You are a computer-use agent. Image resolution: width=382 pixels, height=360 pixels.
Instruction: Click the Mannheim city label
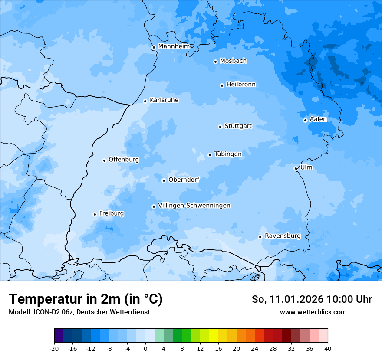coord(174,46)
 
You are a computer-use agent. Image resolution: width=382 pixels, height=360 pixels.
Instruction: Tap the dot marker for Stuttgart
coord(220,127)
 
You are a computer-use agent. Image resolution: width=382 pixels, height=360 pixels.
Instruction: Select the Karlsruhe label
coord(164,100)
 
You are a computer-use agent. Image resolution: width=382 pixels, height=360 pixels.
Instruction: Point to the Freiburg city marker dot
coord(95,214)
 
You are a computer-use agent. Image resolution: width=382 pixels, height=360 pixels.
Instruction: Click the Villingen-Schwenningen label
coord(194,206)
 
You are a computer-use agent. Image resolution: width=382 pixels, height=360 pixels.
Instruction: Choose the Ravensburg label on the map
coord(282,236)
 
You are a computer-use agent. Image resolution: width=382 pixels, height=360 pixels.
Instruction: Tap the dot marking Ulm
coord(296,168)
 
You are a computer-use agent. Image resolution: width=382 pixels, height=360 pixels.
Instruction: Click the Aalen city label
coord(318,119)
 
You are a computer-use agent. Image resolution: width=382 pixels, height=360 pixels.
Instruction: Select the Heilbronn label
coord(241,85)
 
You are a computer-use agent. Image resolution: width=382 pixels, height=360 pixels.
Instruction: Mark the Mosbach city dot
coord(215,62)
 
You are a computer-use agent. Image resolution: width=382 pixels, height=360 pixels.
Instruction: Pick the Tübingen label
coord(227,154)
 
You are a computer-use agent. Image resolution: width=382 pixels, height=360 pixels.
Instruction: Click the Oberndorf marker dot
coord(164,180)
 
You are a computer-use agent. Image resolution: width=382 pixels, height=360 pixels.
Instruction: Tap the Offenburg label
coord(124,160)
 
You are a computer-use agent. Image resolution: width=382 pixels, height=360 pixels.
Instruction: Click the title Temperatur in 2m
coord(86,299)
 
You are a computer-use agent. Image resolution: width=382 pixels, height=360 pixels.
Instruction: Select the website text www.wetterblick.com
coord(313,312)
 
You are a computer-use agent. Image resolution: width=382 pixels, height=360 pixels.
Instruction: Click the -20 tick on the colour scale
coord(54,348)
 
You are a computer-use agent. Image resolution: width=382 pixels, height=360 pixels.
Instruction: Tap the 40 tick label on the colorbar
coord(327,348)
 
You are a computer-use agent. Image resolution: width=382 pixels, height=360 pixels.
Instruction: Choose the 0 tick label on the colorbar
coord(145,348)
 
